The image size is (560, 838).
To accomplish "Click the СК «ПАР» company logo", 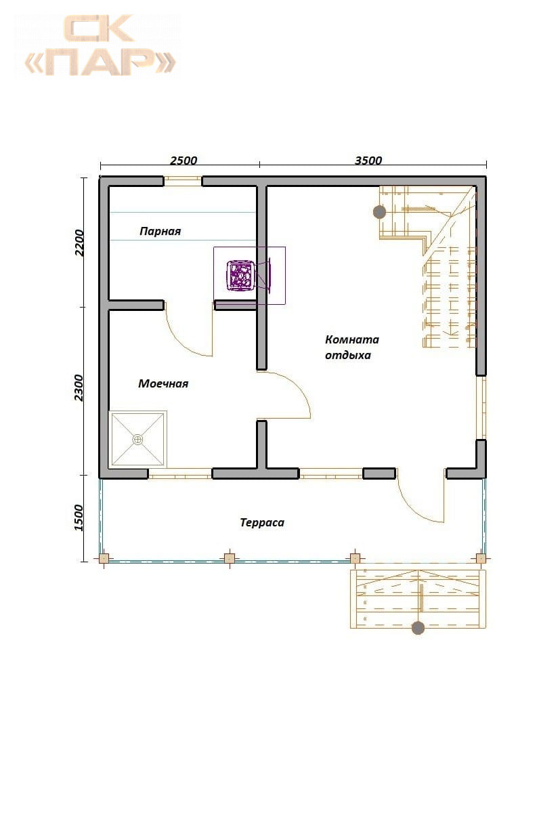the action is coord(100,45).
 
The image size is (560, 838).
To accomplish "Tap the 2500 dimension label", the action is coord(184,161).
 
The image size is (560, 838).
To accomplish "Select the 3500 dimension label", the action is coord(368,161).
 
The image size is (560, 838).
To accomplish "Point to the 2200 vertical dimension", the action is coord(80,243).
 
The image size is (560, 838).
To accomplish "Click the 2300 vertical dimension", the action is coord(80,387).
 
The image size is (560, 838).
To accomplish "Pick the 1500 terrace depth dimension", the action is coord(79,518).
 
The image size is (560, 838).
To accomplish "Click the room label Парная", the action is coord(160,231).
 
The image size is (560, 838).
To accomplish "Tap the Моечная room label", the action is coord(163,383).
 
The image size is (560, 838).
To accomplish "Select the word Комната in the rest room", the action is coord(351,339).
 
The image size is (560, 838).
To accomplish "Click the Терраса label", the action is coord(262,522).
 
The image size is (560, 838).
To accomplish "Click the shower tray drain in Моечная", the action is coord(138,439).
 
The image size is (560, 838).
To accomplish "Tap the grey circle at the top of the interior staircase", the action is coord(379,212).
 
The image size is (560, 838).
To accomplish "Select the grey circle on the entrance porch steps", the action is coord(418,628).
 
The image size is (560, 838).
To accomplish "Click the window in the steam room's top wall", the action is coord(183,181).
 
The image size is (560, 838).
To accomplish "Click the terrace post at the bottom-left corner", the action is coord(104,559).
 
